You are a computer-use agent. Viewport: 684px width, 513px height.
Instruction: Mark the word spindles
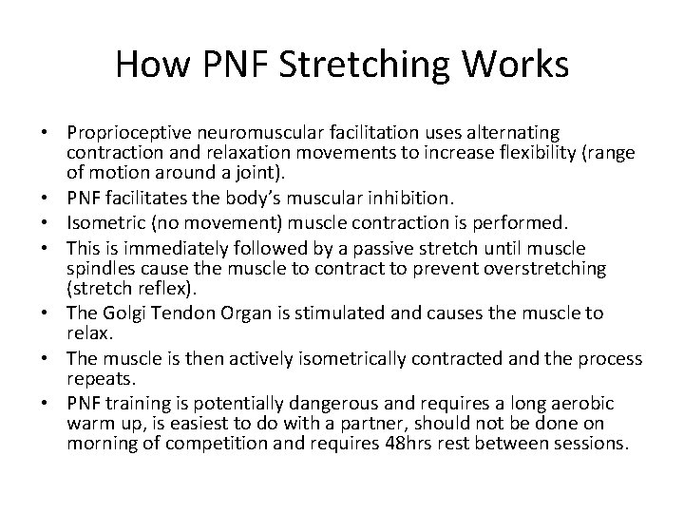(98, 269)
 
